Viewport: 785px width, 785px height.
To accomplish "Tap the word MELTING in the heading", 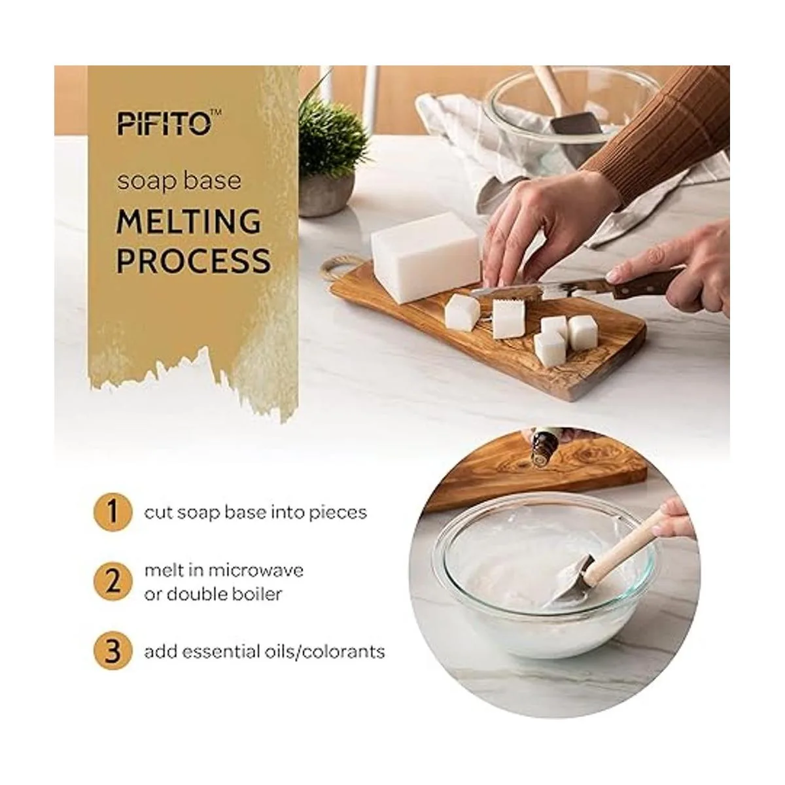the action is pyautogui.click(x=188, y=221).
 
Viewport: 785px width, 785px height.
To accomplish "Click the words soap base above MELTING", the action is pyautogui.click(x=179, y=181).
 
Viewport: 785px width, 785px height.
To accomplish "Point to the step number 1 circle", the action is pyautogui.click(x=113, y=512).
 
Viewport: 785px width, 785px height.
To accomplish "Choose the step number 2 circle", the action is pyautogui.click(x=113, y=582).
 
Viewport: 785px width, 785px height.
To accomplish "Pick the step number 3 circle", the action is pyautogui.click(x=113, y=652).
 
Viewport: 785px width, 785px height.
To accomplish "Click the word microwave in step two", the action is pyautogui.click(x=256, y=570).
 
